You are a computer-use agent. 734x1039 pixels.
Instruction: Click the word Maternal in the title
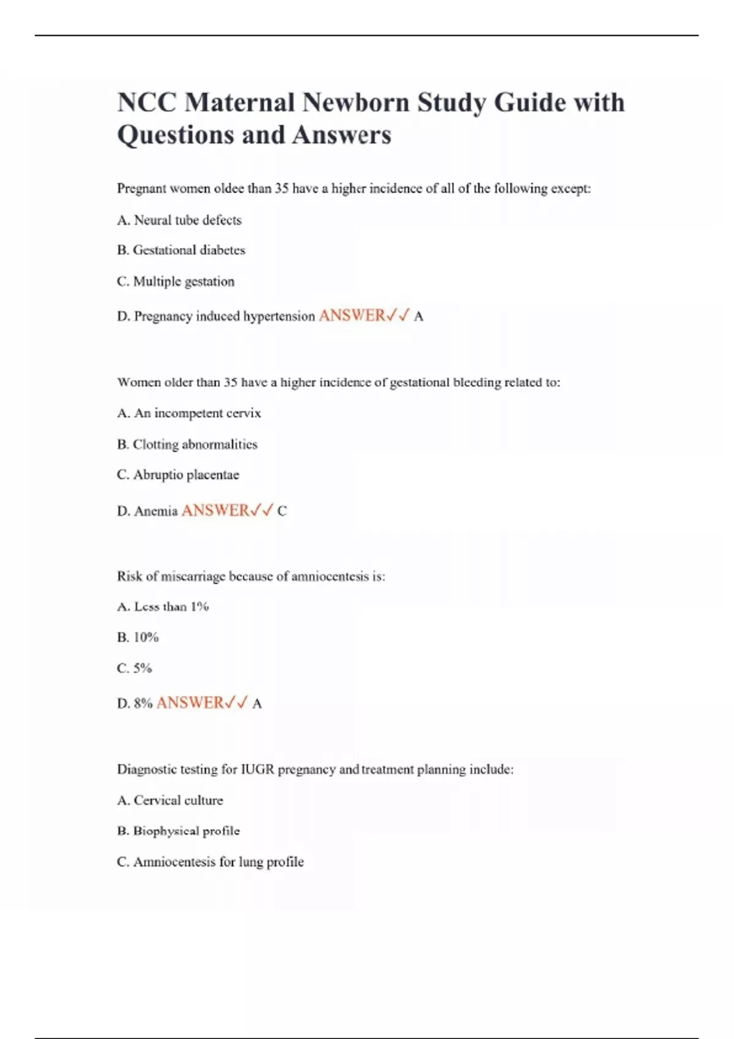239,102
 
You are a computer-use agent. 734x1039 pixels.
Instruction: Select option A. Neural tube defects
179,220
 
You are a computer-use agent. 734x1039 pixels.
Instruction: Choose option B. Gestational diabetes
181,250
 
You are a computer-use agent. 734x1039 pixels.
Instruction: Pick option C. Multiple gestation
176,281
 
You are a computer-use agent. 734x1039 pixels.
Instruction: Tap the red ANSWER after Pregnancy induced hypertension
352,315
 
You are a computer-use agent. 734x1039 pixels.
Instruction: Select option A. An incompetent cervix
189,413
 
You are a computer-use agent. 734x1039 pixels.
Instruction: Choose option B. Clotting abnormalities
187,444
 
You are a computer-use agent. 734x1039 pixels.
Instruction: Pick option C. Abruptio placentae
178,475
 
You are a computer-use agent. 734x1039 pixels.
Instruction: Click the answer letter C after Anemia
282,511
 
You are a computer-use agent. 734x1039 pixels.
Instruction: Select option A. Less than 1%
163,607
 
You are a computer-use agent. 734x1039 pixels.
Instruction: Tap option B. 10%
138,637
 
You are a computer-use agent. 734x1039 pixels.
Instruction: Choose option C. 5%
135,668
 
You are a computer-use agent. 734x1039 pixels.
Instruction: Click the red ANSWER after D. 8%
190,703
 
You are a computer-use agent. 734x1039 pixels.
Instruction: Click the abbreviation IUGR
258,769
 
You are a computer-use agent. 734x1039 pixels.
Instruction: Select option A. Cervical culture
170,801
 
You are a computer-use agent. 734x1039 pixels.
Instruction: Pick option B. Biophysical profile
179,831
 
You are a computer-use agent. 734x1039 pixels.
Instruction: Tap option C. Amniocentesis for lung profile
210,862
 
